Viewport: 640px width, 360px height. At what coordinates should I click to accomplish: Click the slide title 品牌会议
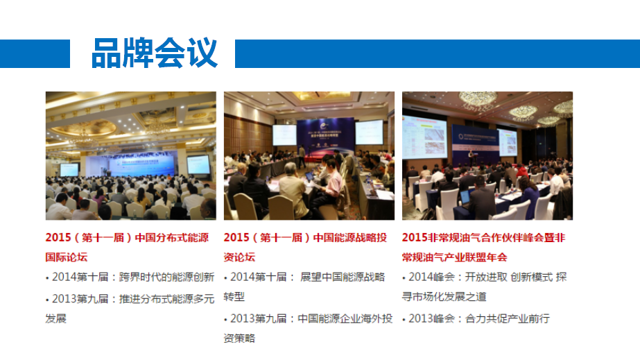point(155,53)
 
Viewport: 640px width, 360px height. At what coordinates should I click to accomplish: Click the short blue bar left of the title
point(35,53)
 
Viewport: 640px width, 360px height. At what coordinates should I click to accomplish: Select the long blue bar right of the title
point(438,53)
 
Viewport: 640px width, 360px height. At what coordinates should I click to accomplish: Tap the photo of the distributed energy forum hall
point(131,155)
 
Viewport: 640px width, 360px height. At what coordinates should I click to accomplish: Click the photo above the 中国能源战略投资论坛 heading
point(309,155)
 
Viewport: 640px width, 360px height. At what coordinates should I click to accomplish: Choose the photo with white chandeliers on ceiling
point(487,155)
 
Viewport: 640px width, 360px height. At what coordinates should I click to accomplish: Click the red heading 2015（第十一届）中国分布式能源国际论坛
point(128,247)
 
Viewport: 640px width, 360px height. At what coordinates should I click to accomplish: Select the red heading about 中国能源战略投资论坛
point(305,247)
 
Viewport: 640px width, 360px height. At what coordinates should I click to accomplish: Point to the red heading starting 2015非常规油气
point(484,247)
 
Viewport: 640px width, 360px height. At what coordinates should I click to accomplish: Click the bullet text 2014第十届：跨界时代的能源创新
point(130,277)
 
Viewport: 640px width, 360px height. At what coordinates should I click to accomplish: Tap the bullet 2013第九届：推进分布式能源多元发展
point(130,309)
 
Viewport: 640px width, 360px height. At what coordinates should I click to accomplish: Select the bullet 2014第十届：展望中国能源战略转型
point(304,287)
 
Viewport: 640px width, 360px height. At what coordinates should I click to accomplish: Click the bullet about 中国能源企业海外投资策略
point(308,328)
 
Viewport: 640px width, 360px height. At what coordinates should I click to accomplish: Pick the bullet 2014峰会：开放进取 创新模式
point(485,287)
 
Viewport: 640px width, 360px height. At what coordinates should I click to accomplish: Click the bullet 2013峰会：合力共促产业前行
point(476,319)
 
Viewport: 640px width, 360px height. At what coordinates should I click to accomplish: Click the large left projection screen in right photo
point(424,137)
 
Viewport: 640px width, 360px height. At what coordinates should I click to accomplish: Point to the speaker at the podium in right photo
point(472,157)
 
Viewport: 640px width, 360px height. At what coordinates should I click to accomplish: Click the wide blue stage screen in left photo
point(132,163)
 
